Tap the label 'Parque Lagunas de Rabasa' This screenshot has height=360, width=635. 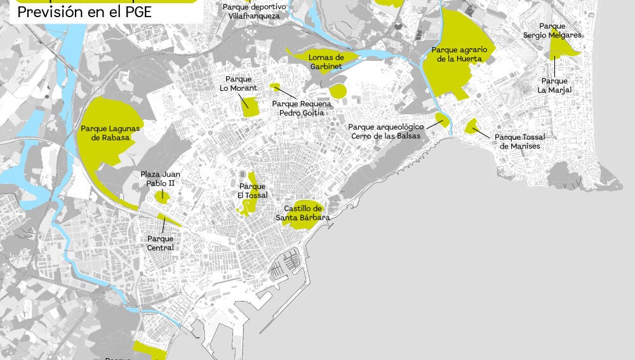click(110, 133)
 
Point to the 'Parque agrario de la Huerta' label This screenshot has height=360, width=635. click(459, 54)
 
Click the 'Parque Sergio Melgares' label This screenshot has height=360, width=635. click(552, 31)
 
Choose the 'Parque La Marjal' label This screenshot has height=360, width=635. click(554, 86)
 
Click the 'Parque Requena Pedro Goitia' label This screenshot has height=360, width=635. click(302, 108)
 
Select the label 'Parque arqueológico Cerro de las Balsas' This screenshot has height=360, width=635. click(385, 131)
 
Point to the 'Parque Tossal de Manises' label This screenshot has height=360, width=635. click(519, 142)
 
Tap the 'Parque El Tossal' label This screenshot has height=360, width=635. click(253, 190)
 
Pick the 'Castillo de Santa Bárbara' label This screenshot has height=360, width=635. click(302, 213)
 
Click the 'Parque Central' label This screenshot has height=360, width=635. click(160, 243)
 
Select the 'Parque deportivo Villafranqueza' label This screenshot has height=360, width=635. click(254, 11)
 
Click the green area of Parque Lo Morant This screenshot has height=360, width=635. click(250, 107)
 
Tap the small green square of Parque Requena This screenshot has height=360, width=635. click(275, 86)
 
